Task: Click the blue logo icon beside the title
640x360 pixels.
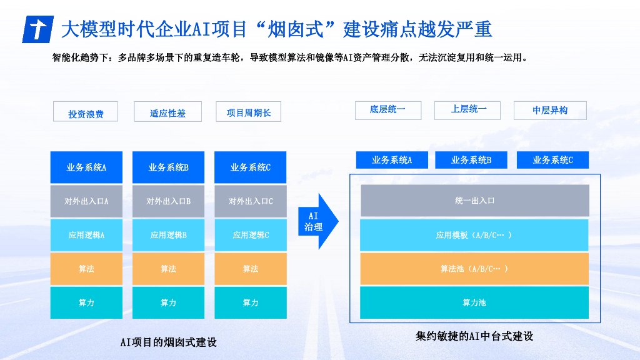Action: tap(38, 29)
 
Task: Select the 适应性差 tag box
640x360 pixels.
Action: tap(167, 111)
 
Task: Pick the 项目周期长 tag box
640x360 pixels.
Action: tap(248, 111)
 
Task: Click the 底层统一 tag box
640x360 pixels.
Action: tap(387, 109)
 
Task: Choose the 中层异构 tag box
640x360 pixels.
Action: tap(550, 110)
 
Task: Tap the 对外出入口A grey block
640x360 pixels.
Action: tap(86, 201)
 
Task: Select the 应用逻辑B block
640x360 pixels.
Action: tap(168, 235)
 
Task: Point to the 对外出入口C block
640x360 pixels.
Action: tap(250, 201)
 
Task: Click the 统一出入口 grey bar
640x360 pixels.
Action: tap(474, 201)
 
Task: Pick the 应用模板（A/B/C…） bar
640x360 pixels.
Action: tap(474, 235)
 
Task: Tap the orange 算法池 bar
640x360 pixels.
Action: tap(474, 269)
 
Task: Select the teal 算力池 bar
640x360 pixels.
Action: tap(474, 302)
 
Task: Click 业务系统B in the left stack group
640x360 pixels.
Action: tap(168, 167)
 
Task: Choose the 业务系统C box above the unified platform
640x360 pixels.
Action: tap(552, 160)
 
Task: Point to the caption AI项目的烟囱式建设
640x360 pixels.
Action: tap(168, 342)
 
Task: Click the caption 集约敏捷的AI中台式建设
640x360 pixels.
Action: tap(474, 336)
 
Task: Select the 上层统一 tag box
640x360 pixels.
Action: tap(468, 109)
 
